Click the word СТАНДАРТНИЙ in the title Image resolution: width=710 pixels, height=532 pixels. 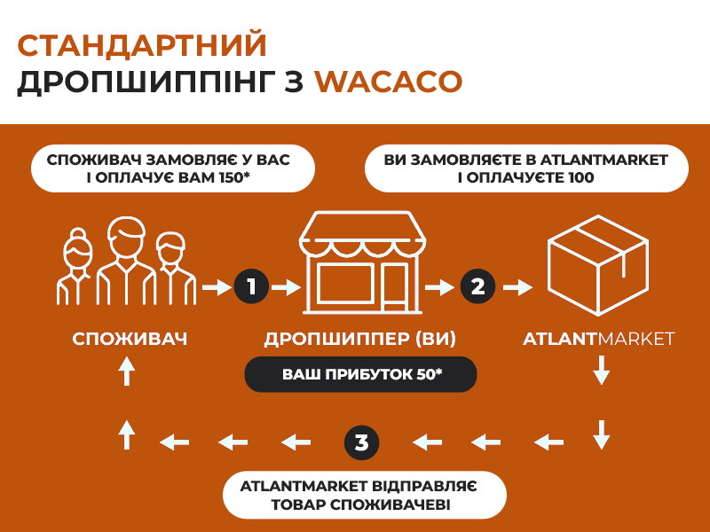(142, 45)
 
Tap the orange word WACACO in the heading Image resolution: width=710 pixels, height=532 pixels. (389, 82)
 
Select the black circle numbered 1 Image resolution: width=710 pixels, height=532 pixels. (251, 286)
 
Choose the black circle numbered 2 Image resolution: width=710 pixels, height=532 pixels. (477, 286)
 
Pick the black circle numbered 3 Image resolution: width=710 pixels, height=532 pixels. (361, 442)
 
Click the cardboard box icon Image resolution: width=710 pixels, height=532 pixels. (598, 265)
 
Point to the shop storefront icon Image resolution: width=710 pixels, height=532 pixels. (362, 262)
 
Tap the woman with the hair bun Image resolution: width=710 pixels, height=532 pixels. (75, 267)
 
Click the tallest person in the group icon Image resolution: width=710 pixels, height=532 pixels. (126, 261)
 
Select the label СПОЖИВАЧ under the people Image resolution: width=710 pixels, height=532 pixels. (130, 339)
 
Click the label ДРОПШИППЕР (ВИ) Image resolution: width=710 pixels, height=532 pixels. (360, 339)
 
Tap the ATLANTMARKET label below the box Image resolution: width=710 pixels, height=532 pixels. (598, 339)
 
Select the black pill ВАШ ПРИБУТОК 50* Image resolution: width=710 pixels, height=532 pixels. (360, 374)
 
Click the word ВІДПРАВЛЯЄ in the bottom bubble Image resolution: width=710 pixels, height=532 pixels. (424, 486)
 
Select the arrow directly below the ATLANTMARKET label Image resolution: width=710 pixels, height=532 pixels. (602, 370)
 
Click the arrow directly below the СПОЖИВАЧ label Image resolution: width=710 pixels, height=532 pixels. (127, 371)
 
